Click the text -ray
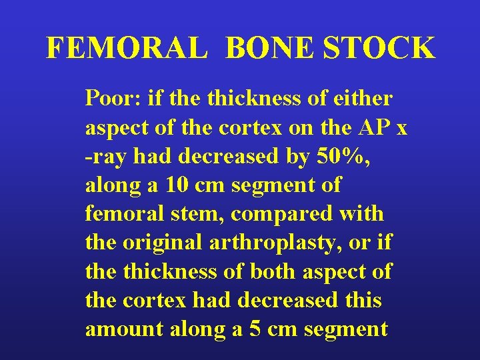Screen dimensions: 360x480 click(x=107, y=157)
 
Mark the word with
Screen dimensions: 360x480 click(x=367, y=214)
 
